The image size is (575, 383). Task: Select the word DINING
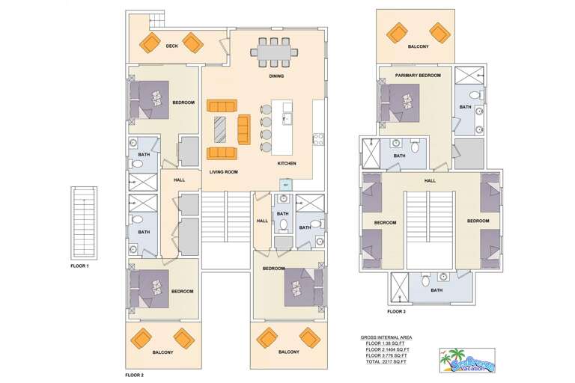[276, 76]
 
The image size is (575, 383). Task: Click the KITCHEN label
[287, 163]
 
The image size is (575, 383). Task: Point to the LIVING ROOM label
[223, 172]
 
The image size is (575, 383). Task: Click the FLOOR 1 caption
[79, 266]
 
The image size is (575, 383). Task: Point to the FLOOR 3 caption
[396, 310]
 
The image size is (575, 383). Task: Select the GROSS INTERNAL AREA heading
[386, 337]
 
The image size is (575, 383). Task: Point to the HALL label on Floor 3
[430, 180]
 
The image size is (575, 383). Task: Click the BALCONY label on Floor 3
[419, 46]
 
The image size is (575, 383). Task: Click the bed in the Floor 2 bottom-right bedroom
[303, 287]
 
